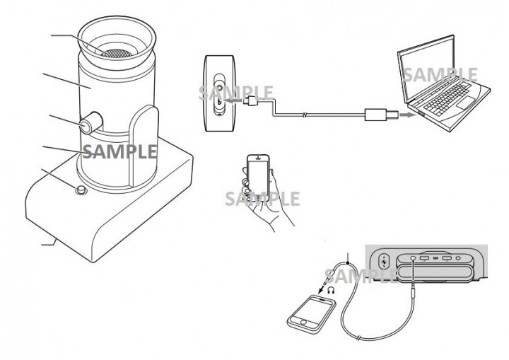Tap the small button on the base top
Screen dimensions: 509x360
(x=81, y=190)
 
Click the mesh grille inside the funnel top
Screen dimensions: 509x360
(x=117, y=53)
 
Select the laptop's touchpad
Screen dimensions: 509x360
(x=465, y=103)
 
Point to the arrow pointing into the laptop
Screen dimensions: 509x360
(x=408, y=115)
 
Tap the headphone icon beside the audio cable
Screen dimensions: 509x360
(x=331, y=290)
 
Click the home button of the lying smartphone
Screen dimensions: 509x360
(x=303, y=322)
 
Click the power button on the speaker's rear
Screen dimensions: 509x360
(x=385, y=261)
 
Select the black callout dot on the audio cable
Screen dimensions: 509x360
(x=348, y=263)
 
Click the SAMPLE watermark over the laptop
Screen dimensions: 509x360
(x=440, y=75)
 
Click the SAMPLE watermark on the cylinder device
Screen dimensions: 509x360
(x=119, y=151)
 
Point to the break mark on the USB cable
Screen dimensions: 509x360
(x=305, y=115)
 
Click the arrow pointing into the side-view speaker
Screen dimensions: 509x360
(x=233, y=101)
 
